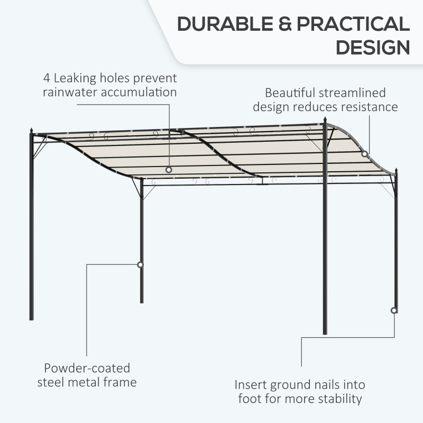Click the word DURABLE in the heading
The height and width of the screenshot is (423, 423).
coord(225,24)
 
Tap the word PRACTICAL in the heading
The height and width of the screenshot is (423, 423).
coord(353,24)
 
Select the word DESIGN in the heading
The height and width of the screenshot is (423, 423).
coord(373,48)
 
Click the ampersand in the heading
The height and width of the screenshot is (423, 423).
coord(285,24)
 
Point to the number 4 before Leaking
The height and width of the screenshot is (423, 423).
coord(47,78)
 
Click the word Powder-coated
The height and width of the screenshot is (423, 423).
coord(87,368)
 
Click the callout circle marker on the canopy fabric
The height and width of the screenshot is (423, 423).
coord(169,170)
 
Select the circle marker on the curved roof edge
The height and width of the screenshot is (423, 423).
coord(364,154)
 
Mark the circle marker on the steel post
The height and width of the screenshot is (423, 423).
coord(140,265)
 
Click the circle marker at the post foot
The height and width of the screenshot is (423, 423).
coord(394,310)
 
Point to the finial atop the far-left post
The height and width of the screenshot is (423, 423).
coord(31,130)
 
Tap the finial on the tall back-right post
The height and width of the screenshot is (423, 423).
coord(325,119)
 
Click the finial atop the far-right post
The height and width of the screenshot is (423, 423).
coord(396,171)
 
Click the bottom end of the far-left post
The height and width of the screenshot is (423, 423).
coord(32,320)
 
